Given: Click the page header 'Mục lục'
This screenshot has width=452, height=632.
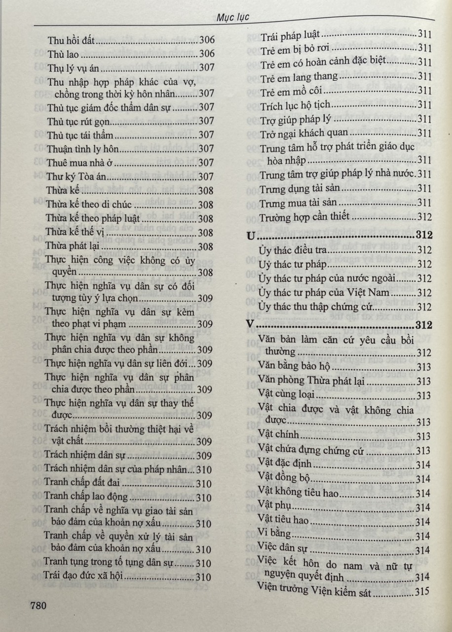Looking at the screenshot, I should tap(233, 17).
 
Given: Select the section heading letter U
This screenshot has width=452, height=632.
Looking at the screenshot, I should tap(251, 237).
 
